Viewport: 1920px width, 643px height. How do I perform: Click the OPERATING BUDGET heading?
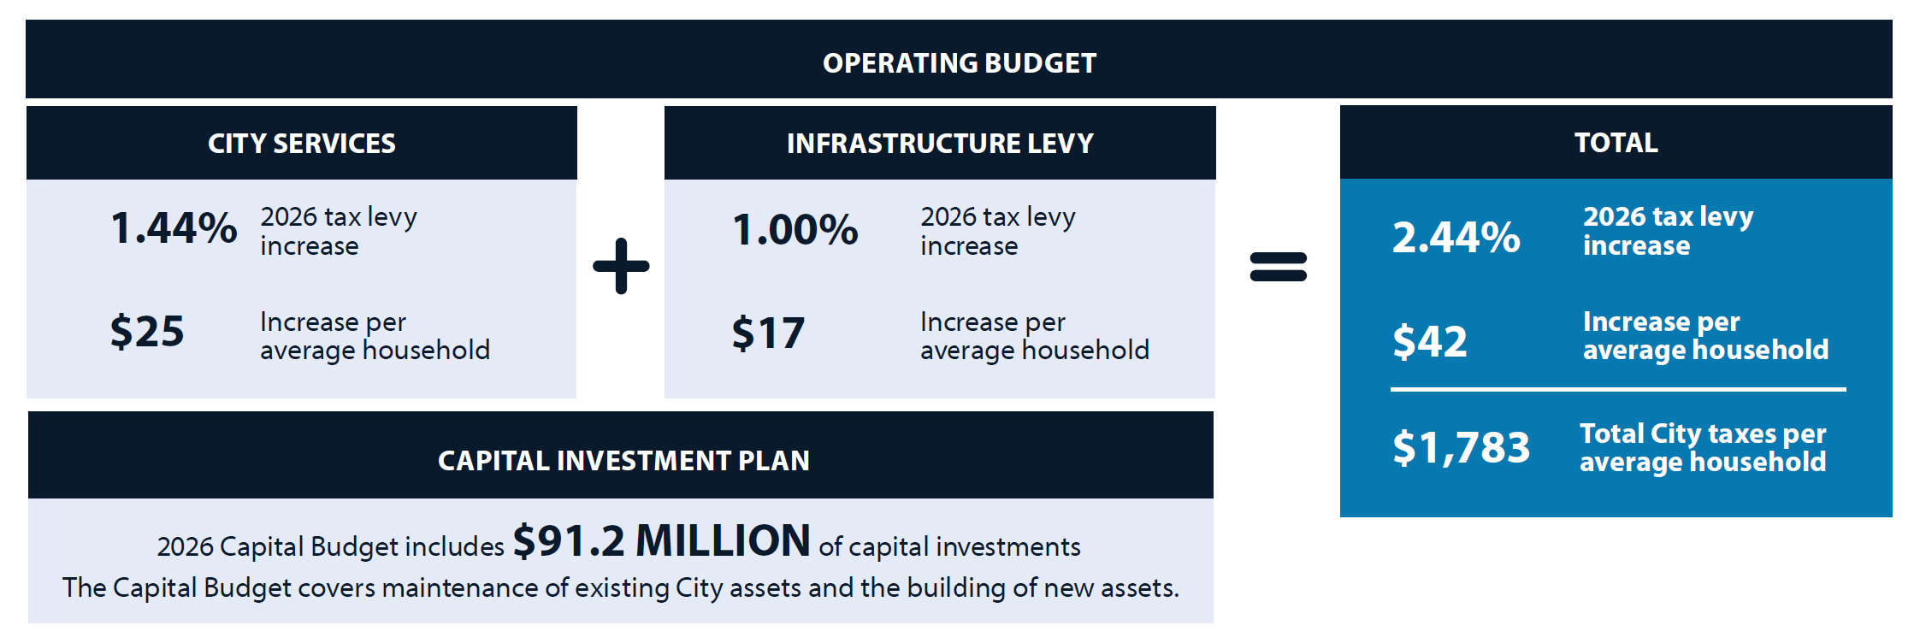point(959,63)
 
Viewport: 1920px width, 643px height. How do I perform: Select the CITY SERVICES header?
point(302,144)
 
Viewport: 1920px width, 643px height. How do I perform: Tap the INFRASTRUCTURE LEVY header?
point(940,144)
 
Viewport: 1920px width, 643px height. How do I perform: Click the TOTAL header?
point(1616,143)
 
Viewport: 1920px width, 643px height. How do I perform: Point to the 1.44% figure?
point(174,228)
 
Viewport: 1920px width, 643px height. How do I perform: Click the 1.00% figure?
point(795,230)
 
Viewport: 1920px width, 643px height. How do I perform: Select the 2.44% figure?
point(1456,238)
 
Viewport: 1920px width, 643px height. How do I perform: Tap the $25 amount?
point(147,332)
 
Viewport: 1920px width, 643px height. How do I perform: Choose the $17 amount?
point(768,333)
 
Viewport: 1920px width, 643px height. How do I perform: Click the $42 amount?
point(1430,341)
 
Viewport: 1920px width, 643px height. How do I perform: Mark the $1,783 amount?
point(1461,447)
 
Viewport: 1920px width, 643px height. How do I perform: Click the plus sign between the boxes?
point(621,266)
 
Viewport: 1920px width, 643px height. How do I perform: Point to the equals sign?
point(1279,267)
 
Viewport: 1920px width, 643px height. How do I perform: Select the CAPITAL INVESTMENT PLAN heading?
point(623,461)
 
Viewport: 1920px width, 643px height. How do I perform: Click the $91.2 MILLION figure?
point(661,541)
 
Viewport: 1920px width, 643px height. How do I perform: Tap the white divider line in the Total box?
point(1618,390)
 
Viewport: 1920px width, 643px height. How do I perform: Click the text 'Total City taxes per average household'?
point(1703,447)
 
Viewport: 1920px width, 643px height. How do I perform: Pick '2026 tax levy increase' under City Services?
point(339,231)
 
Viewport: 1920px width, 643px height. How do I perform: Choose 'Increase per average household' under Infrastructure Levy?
point(1035,336)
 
